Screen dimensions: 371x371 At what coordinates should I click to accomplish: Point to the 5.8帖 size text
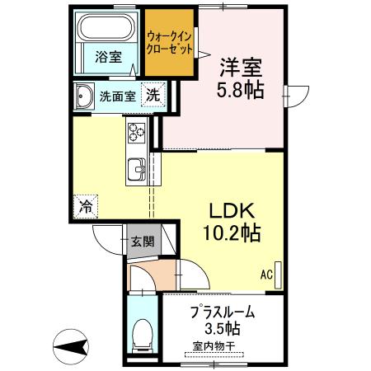[241, 90]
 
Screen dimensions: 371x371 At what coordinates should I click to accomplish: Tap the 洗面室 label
[117, 96]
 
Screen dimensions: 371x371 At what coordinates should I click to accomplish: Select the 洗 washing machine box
[153, 95]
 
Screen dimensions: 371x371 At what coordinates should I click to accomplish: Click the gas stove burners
[136, 132]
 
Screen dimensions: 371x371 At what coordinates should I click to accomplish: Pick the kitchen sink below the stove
[137, 170]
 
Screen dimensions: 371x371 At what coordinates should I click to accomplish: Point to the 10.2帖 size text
[232, 232]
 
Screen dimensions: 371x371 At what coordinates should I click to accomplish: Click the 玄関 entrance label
[142, 242]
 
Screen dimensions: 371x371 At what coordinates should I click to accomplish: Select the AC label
[266, 274]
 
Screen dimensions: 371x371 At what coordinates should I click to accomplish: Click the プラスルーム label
[222, 313]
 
